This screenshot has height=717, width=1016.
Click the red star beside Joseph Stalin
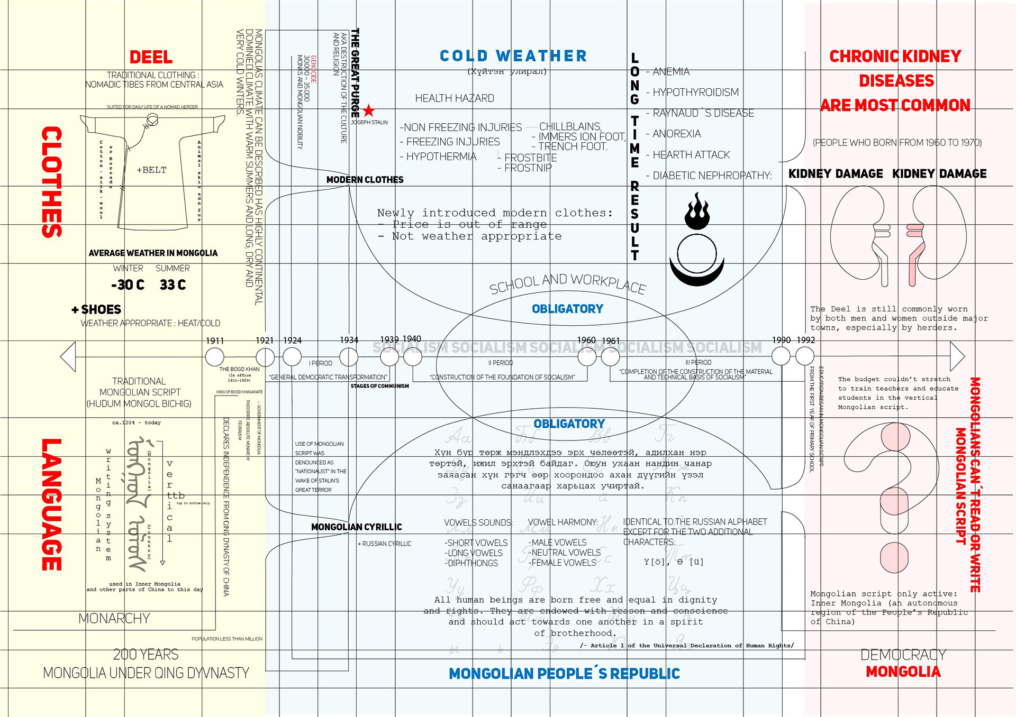(x=369, y=111)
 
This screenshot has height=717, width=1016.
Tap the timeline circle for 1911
(x=214, y=357)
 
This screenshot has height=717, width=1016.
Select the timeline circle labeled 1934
(x=349, y=357)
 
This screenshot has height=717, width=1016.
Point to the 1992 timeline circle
(x=805, y=356)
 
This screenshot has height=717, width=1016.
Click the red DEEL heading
(x=151, y=57)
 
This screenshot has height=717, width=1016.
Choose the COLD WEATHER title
(x=513, y=56)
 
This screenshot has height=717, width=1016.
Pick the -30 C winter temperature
(x=128, y=285)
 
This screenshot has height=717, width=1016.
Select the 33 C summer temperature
(x=173, y=285)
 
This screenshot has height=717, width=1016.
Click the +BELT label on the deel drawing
(x=151, y=170)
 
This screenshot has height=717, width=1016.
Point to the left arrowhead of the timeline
(x=68, y=356)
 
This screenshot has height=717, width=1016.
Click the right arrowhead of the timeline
(x=957, y=356)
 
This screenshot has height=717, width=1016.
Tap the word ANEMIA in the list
(x=670, y=72)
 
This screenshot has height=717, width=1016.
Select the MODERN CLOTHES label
(x=365, y=180)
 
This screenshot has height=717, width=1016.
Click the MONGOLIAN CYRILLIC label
(x=356, y=527)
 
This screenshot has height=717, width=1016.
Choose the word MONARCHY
(x=114, y=618)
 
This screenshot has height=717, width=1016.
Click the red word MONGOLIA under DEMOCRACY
(x=903, y=672)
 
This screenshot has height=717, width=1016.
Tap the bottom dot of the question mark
(x=894, y=557)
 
